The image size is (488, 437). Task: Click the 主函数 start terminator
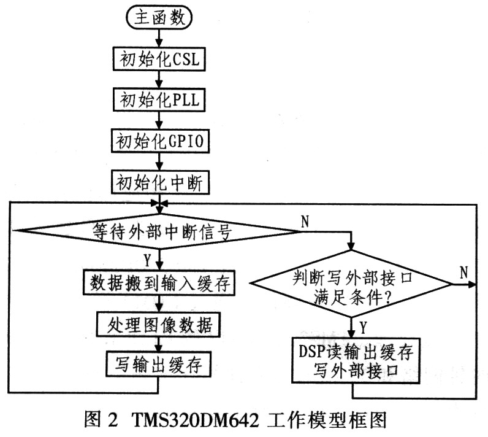pyautogui.click(x=159, y=17)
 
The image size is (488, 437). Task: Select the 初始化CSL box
pyautogui.click(x=159, y=58)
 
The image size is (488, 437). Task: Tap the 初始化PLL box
pyautogui.click(x=159, y=100)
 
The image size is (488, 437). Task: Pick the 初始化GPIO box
pyautogui.click(x=160, y=141)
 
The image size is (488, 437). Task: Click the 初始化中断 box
pyautogui.click(x=160, y=182)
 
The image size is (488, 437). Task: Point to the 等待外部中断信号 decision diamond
pyautogui.click(x=159, y=231)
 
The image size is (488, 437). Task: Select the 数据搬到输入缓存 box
pyautogui.click(x=159, y=283)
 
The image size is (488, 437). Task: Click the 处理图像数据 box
pyautogui.click(x=158, y=324)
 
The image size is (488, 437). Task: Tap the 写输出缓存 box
pyautogui.click(x=158, y=364)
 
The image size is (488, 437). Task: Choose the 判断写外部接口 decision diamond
pyautogui.click(x=352, y=284)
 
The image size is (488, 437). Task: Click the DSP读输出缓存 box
pyautogui.click(x=356, y=360)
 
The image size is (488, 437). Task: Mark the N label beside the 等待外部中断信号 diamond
pyautogui.click(x=305, y=222)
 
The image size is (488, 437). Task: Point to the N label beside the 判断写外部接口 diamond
pyautogui.click(x=463, y=273)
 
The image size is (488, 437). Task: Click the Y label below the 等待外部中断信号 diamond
pyautogui.click(x=147, y=260)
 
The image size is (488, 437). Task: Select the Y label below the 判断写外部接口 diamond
pyautogui.click(x=363, y=327)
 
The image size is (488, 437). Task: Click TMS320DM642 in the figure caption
pyautogui.click(x=196, y=420)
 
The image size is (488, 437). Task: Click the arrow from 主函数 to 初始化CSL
pyautogui.click(x=159, y=38)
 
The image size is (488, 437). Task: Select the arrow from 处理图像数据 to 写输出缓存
pyautogui.click(x=159, y=344)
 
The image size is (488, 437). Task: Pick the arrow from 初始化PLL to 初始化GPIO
pyautogui.click(x=159, y=120)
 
